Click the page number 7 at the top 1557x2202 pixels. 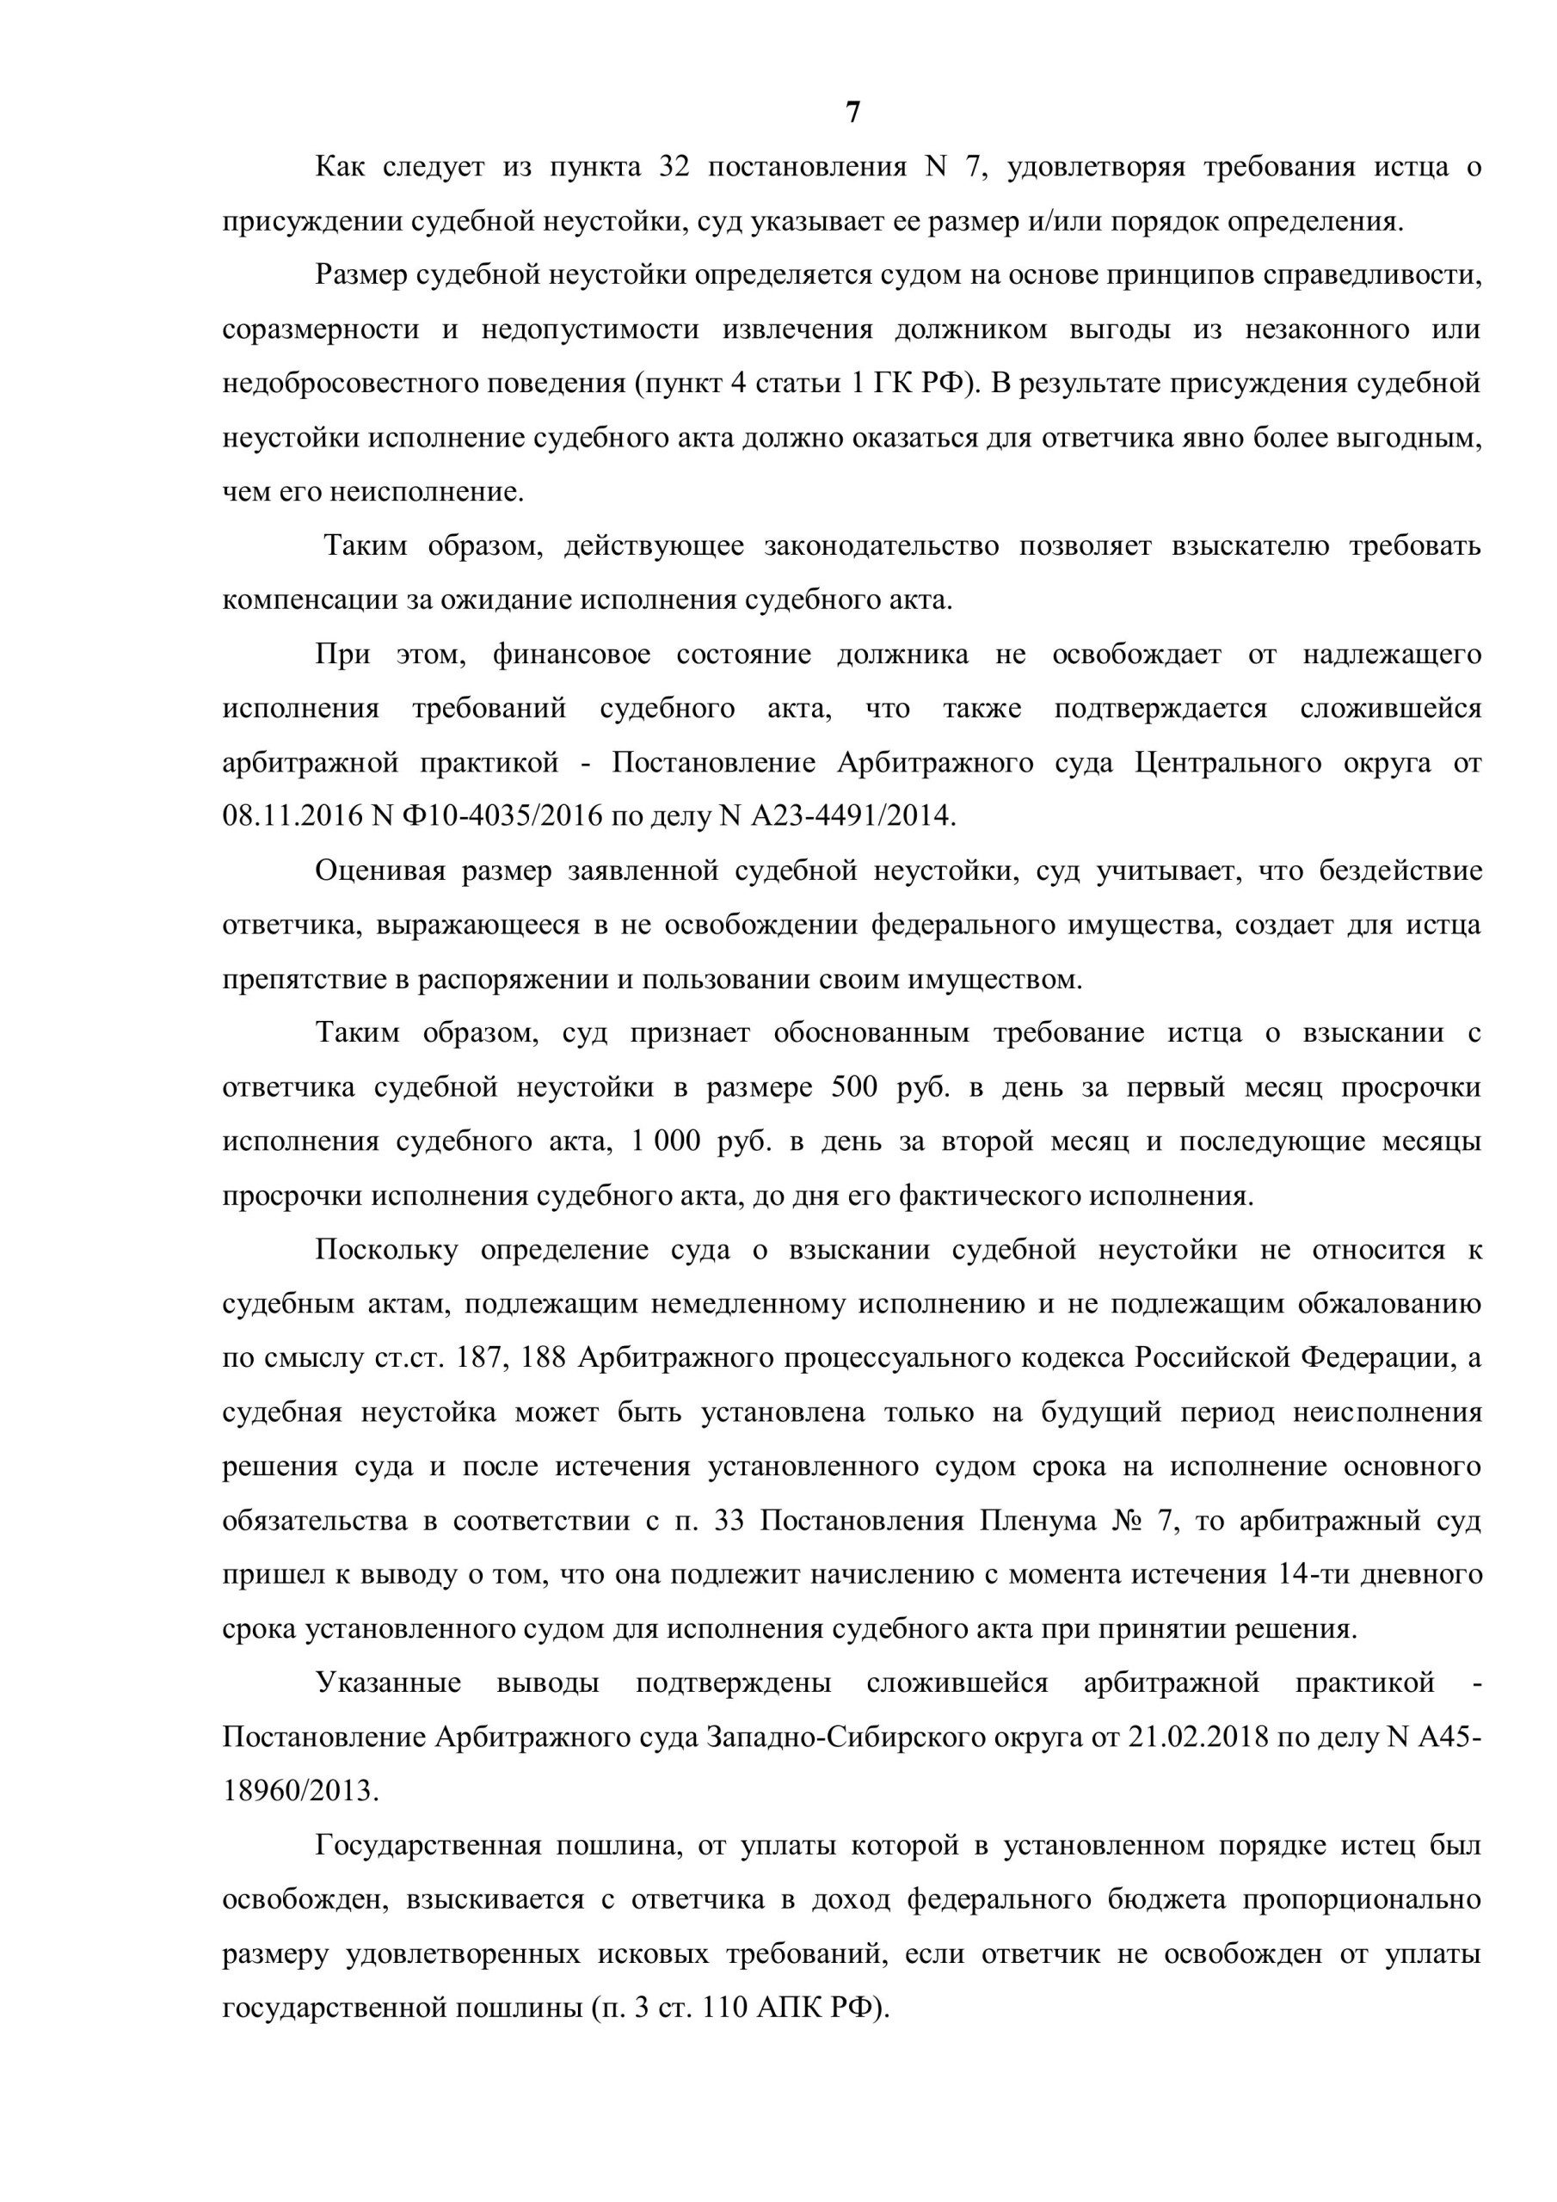852,114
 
